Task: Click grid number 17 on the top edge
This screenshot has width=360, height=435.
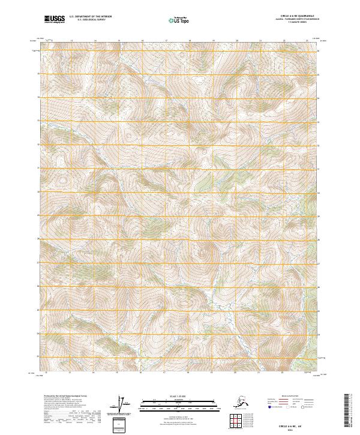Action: click(x=166, y=41)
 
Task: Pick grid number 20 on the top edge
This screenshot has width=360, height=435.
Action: click(x=237, y=41)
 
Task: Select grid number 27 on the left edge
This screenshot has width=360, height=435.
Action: click(x=40, y=263)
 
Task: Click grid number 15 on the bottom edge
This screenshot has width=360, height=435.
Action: click(x=70, y=373)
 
